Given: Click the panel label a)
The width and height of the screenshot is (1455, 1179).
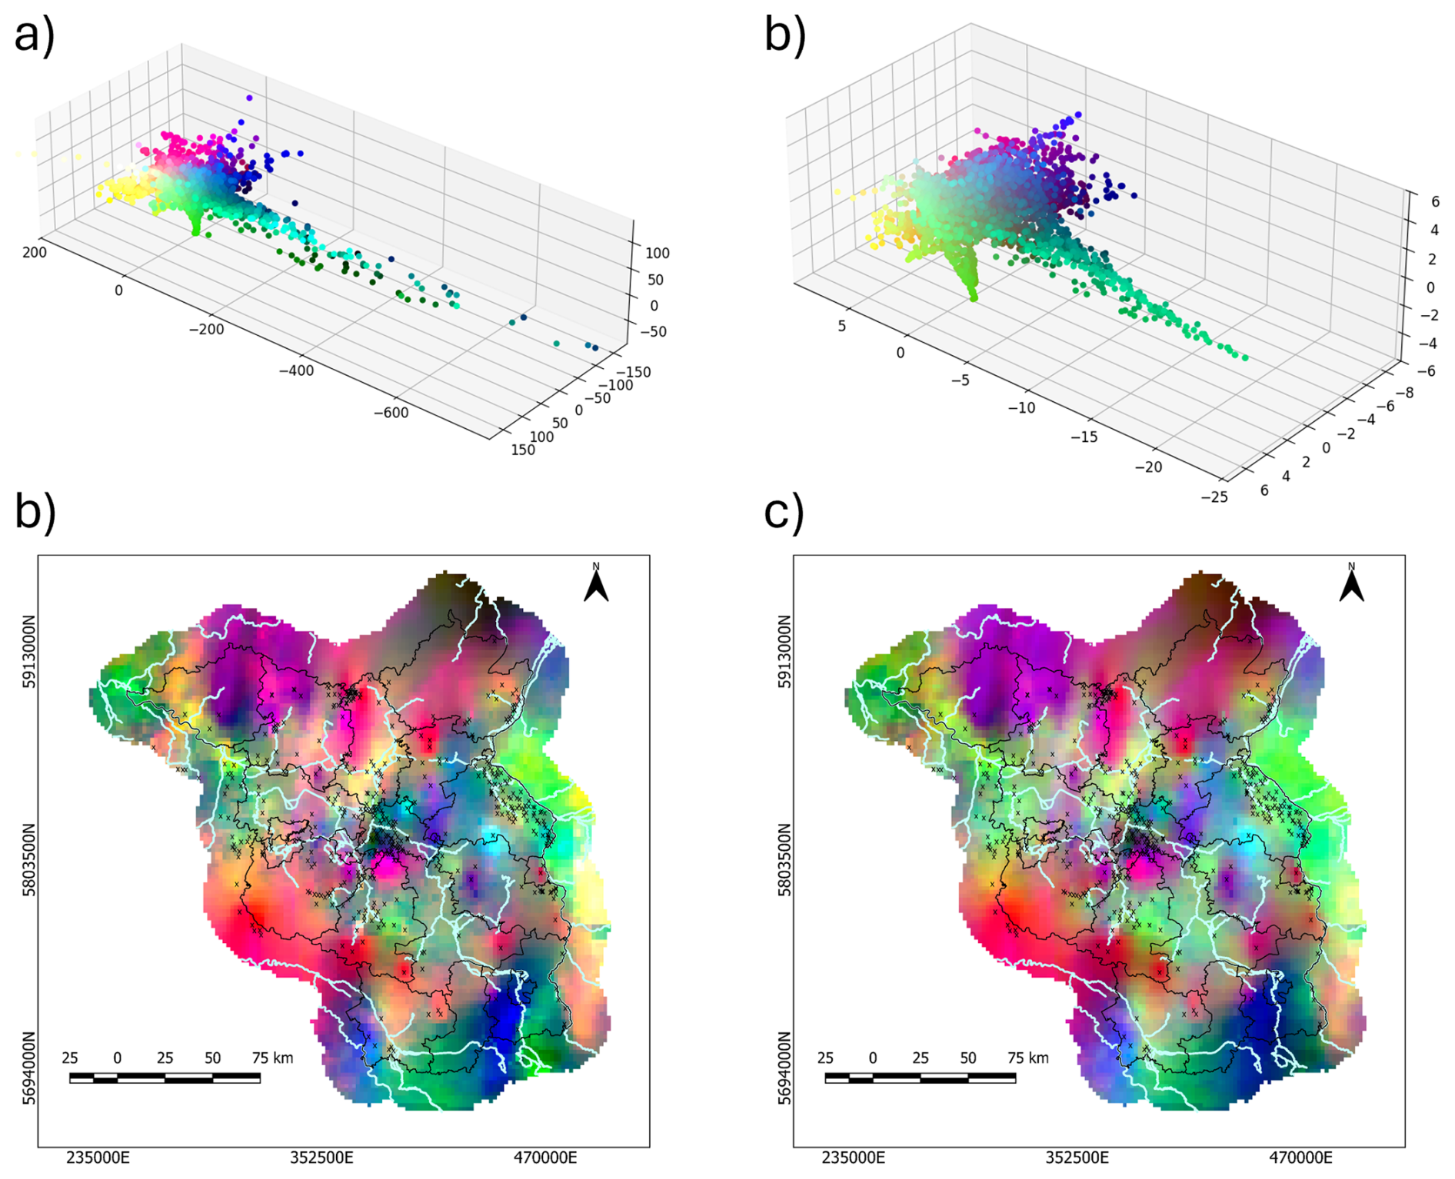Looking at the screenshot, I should [35, 35].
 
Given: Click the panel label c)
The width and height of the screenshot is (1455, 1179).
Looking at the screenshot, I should [784, 513].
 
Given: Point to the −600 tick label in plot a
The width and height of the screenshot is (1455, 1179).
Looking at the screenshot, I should [391, 413].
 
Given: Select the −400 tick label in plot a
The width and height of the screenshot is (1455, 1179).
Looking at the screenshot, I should [295, 370].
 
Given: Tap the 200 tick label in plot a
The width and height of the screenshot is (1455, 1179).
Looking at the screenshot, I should [35, 252].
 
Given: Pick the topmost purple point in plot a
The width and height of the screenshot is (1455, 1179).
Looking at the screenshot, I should [249, 98].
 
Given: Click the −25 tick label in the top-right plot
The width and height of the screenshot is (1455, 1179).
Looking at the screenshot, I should [1214, 497].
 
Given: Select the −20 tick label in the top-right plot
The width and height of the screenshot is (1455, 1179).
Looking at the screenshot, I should [1148, 467].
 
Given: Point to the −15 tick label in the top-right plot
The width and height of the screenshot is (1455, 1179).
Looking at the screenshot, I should [1084, 437].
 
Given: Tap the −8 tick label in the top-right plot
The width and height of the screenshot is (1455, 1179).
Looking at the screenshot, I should [1404, 393].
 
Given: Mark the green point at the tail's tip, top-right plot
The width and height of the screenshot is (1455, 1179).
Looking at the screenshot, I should [1245, 358].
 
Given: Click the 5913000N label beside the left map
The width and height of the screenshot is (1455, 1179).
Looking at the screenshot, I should [29, 651].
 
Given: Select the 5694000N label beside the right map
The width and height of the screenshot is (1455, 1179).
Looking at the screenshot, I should [784, 1068].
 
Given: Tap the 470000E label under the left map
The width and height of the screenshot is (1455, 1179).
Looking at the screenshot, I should [545, 1157].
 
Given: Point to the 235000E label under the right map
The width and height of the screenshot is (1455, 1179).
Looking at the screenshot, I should [853, 1157].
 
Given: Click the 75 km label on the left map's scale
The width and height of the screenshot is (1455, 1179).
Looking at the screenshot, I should [272, 1058].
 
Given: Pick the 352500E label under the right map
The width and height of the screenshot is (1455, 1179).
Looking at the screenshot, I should [1077, 1157].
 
